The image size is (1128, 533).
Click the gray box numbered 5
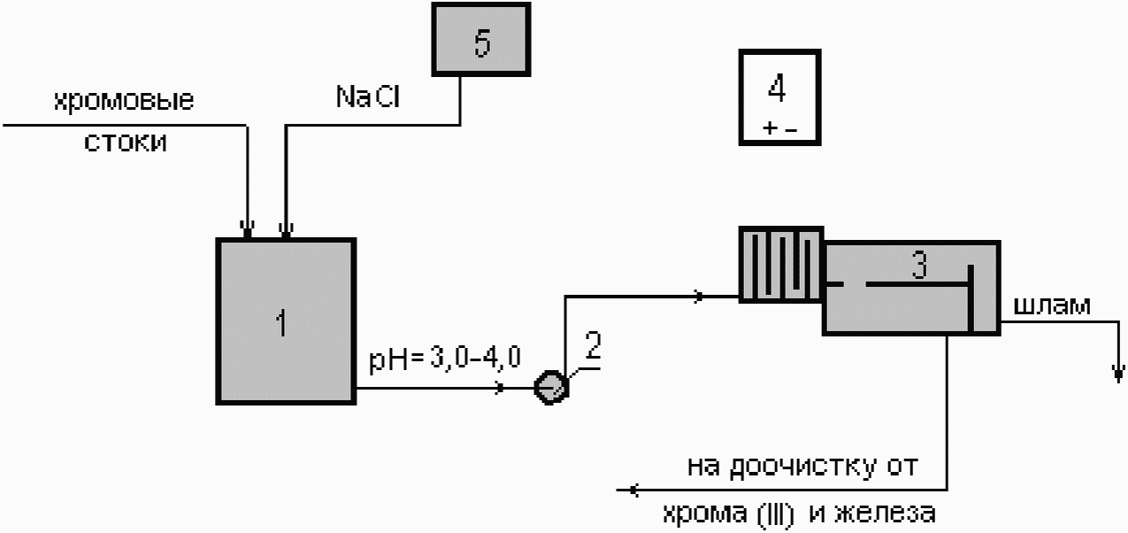point(481,39)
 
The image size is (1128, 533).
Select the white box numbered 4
point(779,97)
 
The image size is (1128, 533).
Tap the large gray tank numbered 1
point(286,321)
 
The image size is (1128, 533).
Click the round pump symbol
point(551,388)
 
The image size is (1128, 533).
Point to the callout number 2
point(594,345)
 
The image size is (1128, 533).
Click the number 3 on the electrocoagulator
point(919,265)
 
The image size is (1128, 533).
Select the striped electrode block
point(781,265)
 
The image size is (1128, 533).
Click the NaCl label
point(368,97)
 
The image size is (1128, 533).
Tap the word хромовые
point(124,101)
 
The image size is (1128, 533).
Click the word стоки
point(125,143)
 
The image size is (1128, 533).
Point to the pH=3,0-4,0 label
point(445,359)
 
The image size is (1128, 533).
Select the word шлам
point(1051,305)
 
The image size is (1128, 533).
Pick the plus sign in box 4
point(770,128)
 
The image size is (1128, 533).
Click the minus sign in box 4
point(791,130)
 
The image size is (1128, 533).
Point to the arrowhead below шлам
point(1118,374)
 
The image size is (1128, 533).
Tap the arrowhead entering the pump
point(499,388)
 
